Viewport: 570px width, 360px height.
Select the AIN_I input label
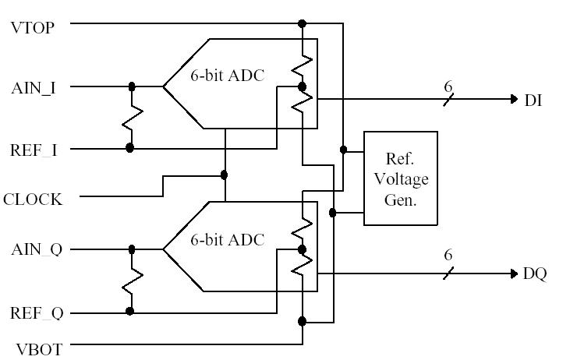[x=33, y=87]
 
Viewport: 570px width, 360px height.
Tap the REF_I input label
[x=34, y=150]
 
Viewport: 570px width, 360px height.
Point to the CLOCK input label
[x=32, y=199]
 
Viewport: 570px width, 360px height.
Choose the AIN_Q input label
[x=36, y=250]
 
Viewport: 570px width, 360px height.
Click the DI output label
[x=533, y=101]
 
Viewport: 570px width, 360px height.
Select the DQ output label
[x=535, y=274]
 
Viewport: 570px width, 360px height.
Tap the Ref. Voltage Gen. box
[x=401, y=178]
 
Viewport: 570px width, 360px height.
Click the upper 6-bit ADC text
[x=228, y=76]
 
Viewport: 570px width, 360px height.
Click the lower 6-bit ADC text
[x=228, y=239]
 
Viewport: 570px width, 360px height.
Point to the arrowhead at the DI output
[x=513, y=99]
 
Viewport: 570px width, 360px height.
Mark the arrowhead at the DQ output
[x=513, y=274]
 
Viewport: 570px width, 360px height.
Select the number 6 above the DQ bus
[x=448, y=256]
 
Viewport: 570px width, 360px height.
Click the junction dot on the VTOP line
[x=303, y=23]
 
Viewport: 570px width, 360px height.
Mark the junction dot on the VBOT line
[x=303, y=320]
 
